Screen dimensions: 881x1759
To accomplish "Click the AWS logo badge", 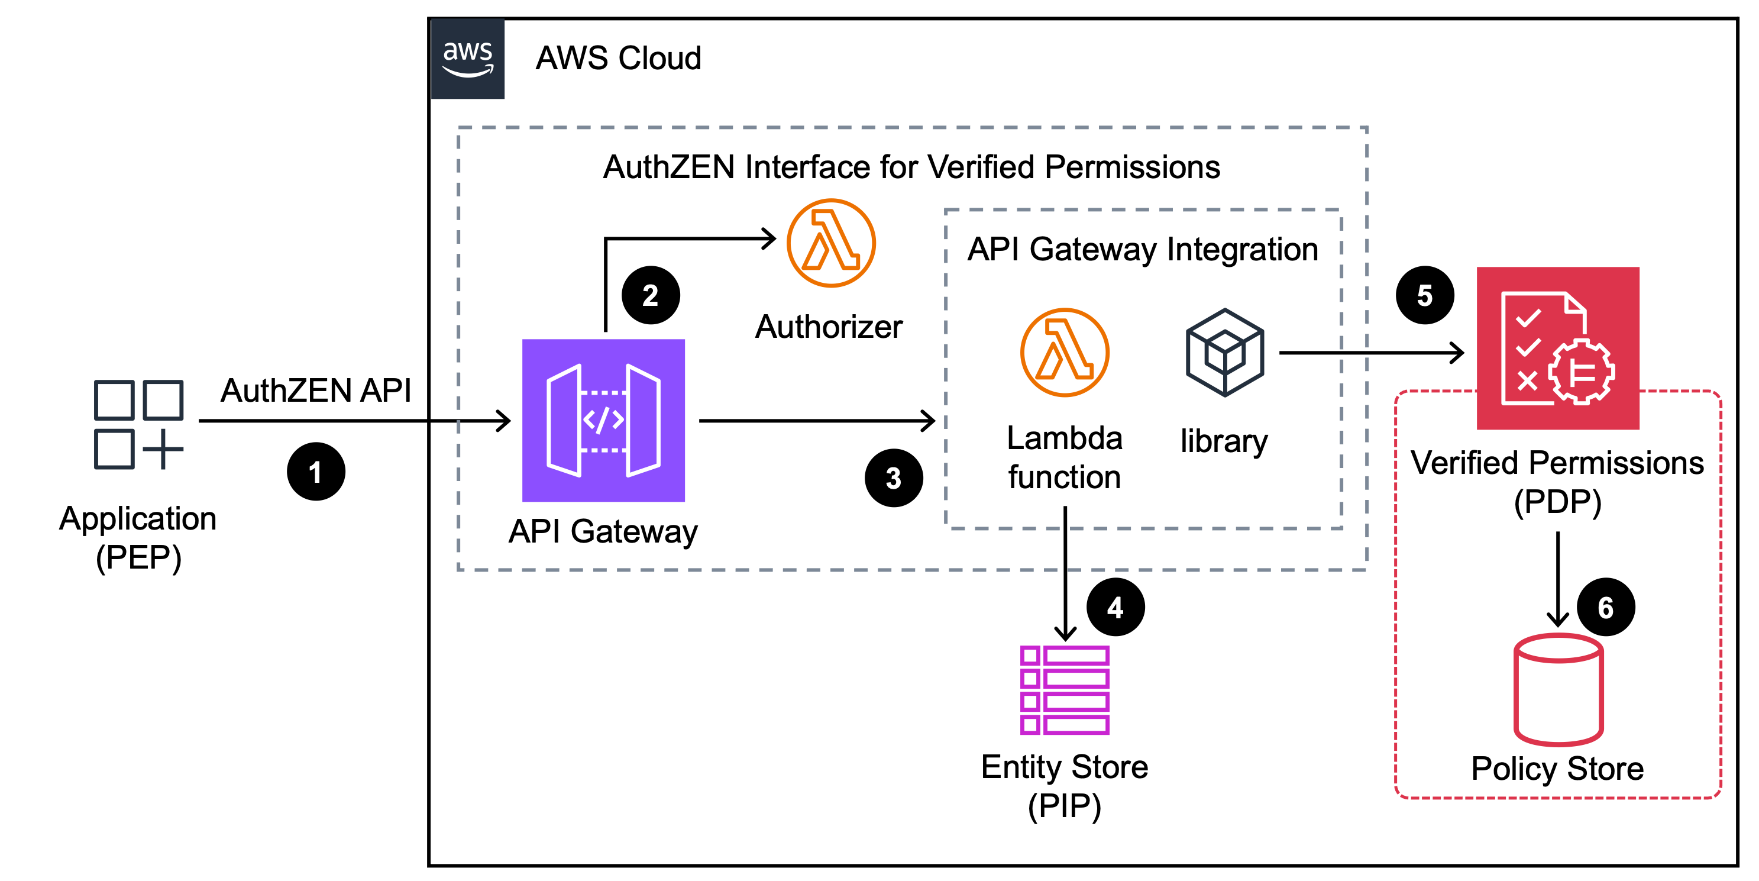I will [468, 59].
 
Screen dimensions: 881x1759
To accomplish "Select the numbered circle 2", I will [650, 295].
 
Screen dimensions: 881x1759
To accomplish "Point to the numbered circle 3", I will [893, 477].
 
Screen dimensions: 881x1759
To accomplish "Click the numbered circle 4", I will [1115, 606].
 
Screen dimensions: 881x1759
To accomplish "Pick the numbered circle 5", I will [1424, 295].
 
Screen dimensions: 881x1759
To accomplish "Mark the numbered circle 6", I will [1605, 606].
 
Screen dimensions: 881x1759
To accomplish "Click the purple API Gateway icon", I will [603, 420].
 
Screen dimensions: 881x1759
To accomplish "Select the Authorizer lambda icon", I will [831, 243].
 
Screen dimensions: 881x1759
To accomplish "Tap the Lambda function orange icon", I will [1065, 353].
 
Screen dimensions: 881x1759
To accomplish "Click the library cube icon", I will [1225, 353].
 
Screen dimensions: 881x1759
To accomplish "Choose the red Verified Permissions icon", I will [1557, 348].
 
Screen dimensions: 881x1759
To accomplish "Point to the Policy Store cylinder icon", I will [1558, 689].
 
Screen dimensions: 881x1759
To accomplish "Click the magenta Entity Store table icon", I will [1065, 690].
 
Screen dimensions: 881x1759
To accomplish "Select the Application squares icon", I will [138, 424].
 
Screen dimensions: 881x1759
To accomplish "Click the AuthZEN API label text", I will [315, 391].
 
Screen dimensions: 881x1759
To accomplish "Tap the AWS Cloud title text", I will [618, 58].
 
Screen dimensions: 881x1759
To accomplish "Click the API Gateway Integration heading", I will [1142, 249].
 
